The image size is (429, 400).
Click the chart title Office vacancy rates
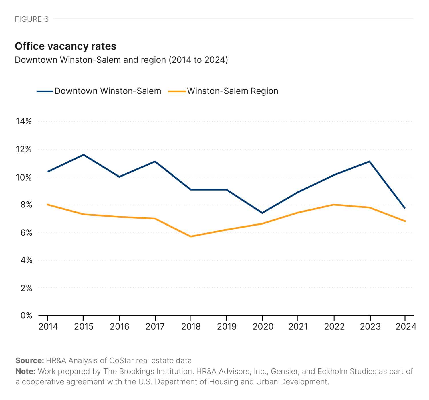pyautogui.click(x=65, y=46)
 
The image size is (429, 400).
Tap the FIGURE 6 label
pyautogui.click(x=31, y=19)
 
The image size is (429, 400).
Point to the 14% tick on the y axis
pyautogui.click(x=23, y=121)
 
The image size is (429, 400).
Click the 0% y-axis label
pyautogui.click(x=26, y=315)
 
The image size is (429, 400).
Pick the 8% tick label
pyautogui.click(x=26, y=205)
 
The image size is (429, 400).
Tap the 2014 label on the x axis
pyautogui.click(x=48, y=326)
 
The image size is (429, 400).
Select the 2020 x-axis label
pyautogui.click(x=263, y=326)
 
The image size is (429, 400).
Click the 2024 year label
pyautogui.click(x=406, y=326)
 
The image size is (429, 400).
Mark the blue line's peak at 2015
pyautogui.click(x=83, y=155)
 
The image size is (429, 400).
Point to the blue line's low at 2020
pyautogui.click(x=262, y=213)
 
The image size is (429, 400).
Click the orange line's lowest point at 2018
pyautogui.click(x=190, y=236)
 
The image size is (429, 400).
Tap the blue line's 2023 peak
pyautogui.click(x=370, y=162)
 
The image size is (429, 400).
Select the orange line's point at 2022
pyautogui.click(x=334, y=205)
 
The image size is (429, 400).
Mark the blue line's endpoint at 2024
pyautogui.click(x=405, y=208)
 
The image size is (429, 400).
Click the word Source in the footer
pyautogui.click(x=29, y=360)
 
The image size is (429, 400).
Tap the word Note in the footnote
pyautogui.click(x=25, y=371)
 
